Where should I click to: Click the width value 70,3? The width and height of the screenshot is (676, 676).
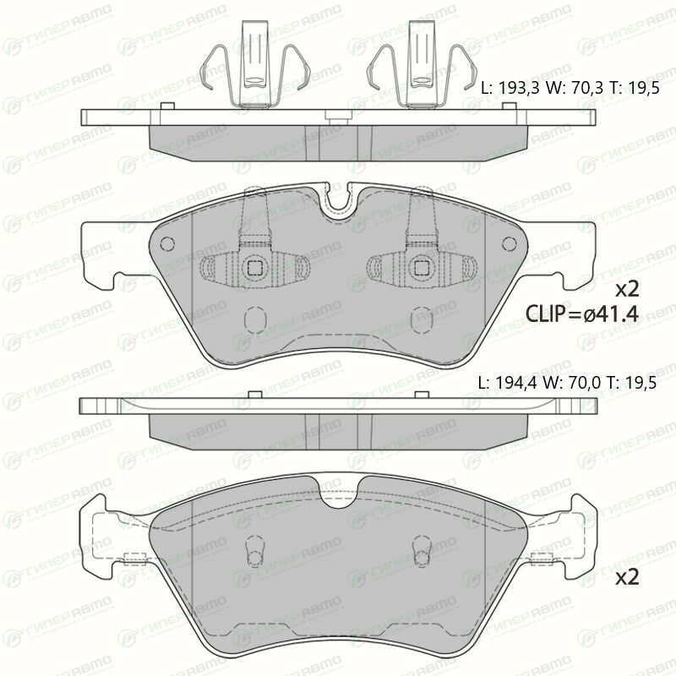(x=587, y=89)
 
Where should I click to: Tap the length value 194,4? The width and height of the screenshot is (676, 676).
(x=516, y=383)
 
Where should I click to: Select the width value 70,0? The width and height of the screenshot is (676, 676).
(x=585, y=383)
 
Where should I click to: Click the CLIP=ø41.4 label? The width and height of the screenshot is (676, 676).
(x=582, y=313)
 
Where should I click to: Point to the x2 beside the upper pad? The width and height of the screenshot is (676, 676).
(x=627, y=289)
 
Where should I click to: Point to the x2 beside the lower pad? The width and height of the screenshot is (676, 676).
(x=627, y=577)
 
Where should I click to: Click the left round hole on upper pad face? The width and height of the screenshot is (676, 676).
(x=167, y=244)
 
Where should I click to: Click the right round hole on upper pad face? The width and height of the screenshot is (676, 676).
(x=510, y=243)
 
